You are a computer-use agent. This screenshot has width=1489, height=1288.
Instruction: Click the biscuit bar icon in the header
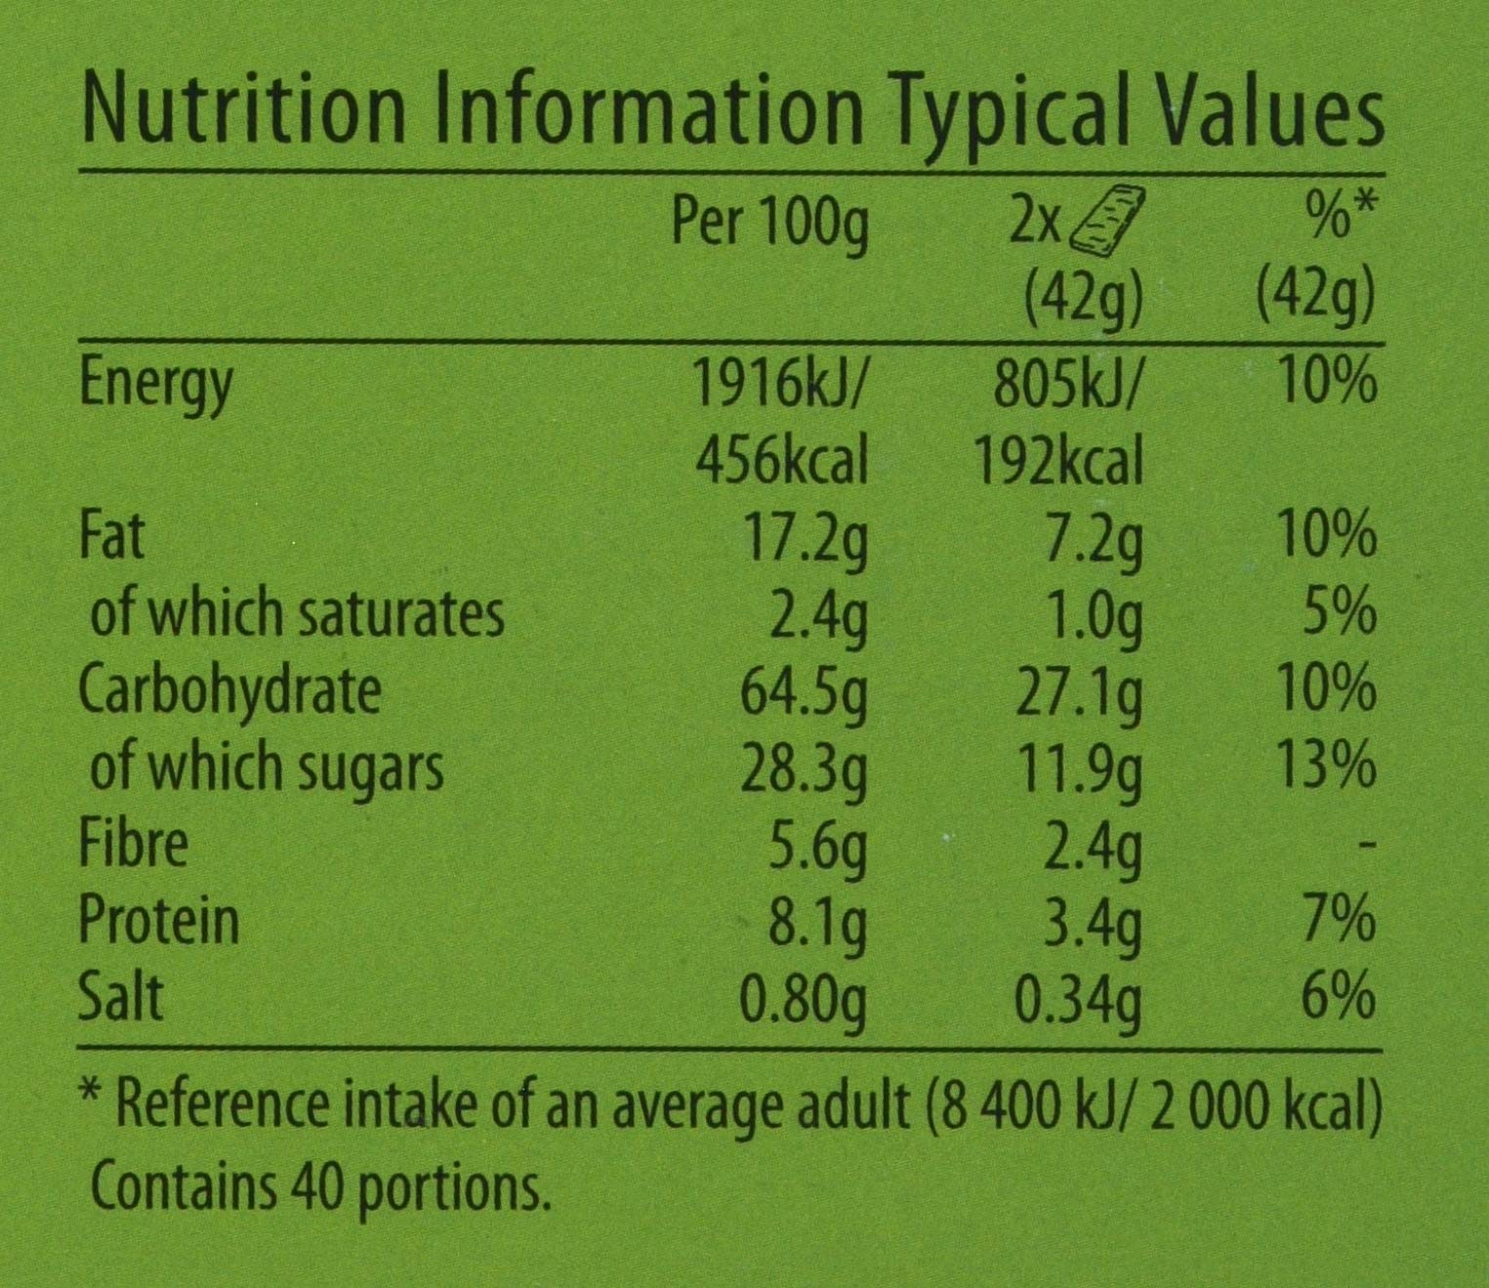(x=1109, y=223)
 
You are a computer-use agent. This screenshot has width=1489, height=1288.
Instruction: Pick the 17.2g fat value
(x=805, y=537)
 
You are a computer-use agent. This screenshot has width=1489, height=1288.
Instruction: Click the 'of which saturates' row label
(x=297, y=614)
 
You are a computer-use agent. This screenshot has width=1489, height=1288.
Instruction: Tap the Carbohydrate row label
(x=229, y=691)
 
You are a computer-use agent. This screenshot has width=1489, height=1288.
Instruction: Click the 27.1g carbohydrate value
(x=1078, y=691)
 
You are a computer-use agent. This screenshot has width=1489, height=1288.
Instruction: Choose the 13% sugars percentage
(x=1326, y=768)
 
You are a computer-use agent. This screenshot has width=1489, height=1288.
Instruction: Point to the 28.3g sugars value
(x=805, y=768)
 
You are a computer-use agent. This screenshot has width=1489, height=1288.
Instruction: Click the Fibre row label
(x=133, y=844)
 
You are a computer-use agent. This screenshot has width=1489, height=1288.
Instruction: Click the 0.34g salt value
(x=1078, y=997)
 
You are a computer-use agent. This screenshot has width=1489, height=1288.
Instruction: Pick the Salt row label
(x=120, y=997)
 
